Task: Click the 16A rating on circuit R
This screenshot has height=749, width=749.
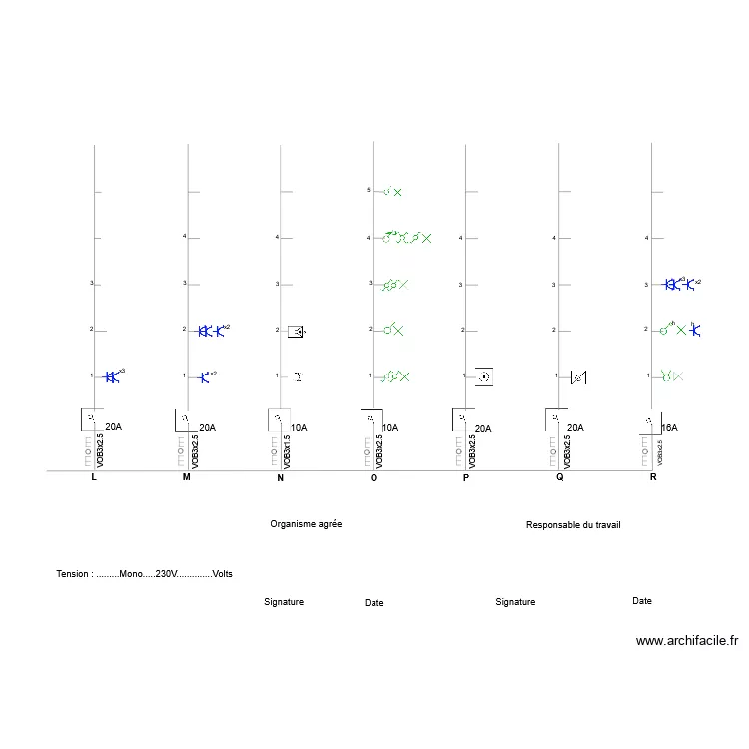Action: (x=669, y=427)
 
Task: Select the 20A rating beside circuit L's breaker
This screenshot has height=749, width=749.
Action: (x=113, y=427)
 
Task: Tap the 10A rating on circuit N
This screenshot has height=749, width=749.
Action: (x=299, y=427)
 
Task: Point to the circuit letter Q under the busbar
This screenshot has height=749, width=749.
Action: (x=560, y=478)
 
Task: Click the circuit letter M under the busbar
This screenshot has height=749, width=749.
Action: (x=186, y=478)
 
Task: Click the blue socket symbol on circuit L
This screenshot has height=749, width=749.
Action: (x=113, y=376)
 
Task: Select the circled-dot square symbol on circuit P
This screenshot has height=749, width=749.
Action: (x=484, y=376)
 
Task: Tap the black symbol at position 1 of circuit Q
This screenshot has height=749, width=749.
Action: (x=577, y=377)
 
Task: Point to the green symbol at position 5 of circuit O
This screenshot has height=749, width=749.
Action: (x=392, y=192)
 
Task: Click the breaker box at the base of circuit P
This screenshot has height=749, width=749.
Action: (x=461, y=418)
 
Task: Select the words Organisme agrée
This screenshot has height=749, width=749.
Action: (x=306, y=524)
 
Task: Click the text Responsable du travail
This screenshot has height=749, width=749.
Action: (x=573, y=524)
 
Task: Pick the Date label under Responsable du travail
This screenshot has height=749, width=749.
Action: (x=642, y=601)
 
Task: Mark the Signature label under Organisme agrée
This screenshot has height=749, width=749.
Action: (x=284, y=602)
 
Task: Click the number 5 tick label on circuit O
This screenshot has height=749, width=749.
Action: (x=369, y=190)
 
